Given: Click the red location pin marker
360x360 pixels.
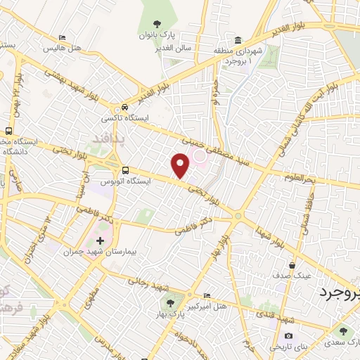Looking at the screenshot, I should [x=181, y=166].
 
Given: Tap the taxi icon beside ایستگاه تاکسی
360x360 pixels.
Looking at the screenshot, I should [x=124, y=107].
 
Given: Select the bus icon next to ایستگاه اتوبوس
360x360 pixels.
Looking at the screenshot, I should [x=125, y=170].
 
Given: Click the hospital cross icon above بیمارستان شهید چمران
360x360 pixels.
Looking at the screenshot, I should [x=101, y=241].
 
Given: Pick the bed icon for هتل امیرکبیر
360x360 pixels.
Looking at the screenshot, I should [x=205, y=295].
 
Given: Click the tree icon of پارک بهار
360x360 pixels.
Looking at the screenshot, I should [x=169, y=303].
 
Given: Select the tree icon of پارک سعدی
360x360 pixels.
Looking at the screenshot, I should [x=343, y=330].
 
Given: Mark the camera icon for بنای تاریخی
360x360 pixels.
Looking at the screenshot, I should [x=288, y=335].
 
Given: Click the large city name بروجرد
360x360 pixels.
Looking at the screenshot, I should [x=337, y=292].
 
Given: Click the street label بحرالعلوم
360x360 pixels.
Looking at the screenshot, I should [x=300, y=177].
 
